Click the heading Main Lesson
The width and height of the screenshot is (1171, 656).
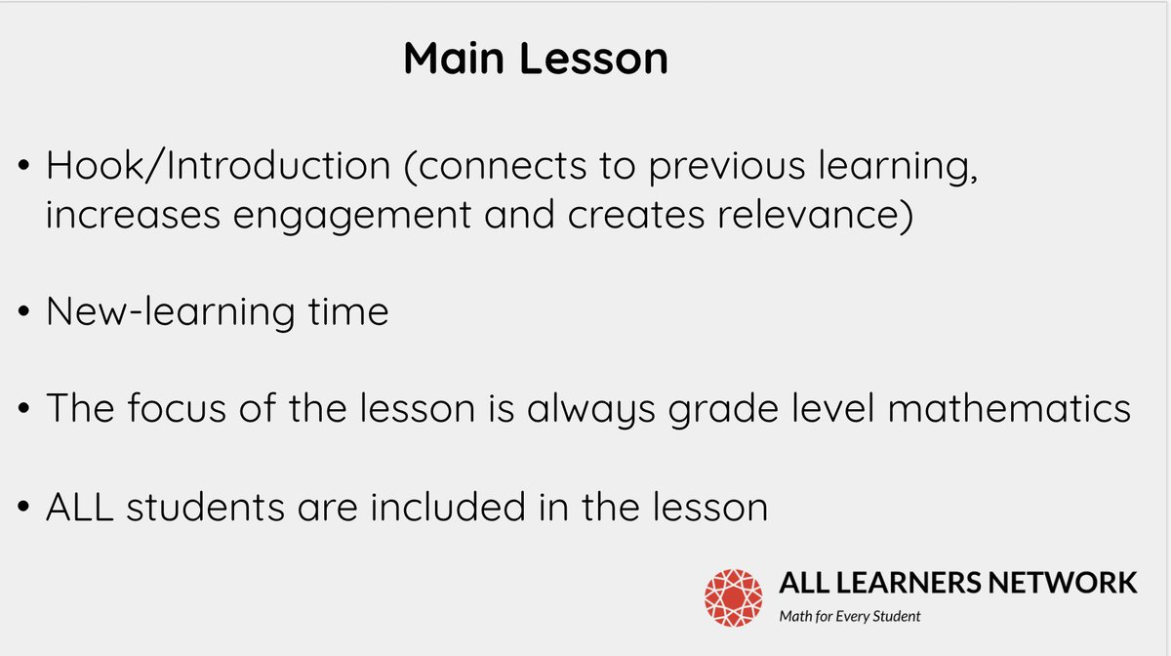[x=536, y=60]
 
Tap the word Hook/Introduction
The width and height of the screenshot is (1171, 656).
[x=218, y=167]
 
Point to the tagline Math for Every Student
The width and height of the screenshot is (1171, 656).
[x=849, y=616]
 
